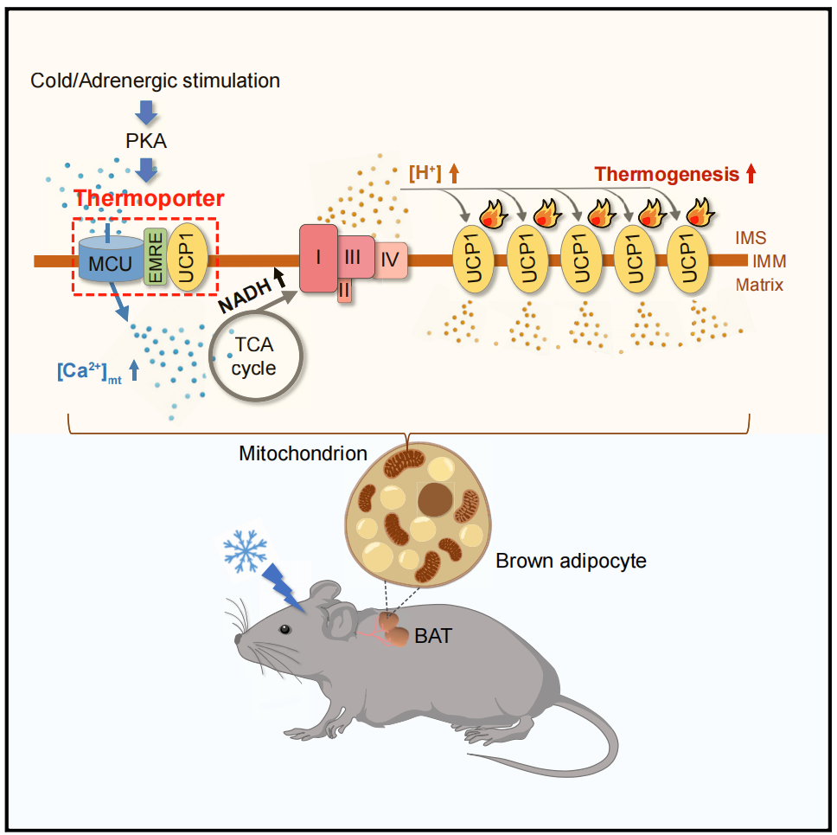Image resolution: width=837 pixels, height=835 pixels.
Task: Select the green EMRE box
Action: [x=156, y=256]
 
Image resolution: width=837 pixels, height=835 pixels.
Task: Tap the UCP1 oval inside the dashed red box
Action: [x=187, y=257]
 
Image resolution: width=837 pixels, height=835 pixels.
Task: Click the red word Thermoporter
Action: [x=149, y=198]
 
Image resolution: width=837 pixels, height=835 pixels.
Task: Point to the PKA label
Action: [x=146, y=141]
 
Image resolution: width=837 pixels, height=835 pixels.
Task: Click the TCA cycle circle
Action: [x=256, y=356]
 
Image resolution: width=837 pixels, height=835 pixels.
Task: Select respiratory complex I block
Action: [x=318, y=258]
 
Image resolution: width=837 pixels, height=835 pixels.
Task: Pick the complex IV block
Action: [x=390, y=260]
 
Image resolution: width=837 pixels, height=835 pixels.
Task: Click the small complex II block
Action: [x=344, y=291]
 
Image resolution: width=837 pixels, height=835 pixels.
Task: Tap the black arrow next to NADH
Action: [x=279, y=277]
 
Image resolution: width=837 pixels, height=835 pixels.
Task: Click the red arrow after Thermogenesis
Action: [x=751, y=174]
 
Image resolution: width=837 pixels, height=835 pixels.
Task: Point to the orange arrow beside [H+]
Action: [x=454, y=174]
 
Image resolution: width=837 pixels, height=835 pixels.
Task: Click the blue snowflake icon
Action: [x=245, y=551]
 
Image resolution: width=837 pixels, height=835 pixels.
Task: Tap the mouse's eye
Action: [x=285, y=629]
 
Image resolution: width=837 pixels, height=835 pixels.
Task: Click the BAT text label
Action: [x=433, y=636]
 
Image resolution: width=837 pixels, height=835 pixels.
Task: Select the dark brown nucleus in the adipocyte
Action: [x=435, y=500]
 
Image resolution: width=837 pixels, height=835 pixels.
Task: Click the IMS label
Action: [x=751, y=238]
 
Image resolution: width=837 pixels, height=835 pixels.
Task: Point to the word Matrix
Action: [x=759, y=285]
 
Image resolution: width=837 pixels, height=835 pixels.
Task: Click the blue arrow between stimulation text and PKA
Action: [x=146, y=112]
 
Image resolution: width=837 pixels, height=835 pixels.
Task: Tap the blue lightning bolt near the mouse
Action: [x=283, y=588]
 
